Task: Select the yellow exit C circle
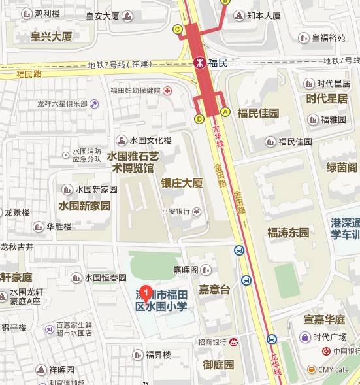177,29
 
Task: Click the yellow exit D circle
199,119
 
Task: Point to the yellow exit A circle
225,112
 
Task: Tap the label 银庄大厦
182,183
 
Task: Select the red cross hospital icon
167,90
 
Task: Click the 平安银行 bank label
175,211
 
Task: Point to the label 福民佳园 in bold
258,113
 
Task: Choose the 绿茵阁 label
342,167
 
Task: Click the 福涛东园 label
287,232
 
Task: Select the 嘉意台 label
215,289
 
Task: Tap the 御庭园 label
218,365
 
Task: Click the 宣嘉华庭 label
324,320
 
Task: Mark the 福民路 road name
29,74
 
